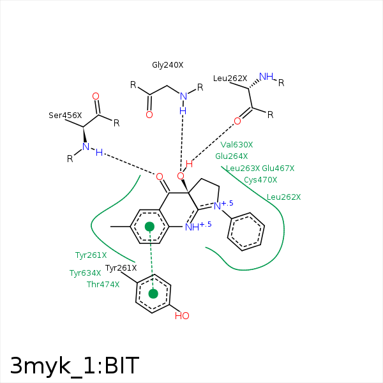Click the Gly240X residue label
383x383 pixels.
coord(167,65)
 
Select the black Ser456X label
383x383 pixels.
coord(65,116)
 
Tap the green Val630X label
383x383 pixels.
coord(237,145)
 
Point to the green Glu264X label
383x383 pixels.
coord(232,156)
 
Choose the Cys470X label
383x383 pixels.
coord(260,180)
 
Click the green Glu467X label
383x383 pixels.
coord(278,169)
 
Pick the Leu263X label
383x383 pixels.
coord(243,169)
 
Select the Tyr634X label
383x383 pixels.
coord(86,273)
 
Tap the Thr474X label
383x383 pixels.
coord(103,285)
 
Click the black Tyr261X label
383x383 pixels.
coord(121,268)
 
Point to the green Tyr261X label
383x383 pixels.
coord(91,255)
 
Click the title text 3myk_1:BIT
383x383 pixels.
coord(75,366)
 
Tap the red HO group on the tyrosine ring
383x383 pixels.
coord(182,316)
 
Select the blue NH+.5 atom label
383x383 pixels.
coord(198,227)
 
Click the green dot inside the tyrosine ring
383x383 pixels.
coord(153,294)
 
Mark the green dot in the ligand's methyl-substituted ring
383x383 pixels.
coord(150,227)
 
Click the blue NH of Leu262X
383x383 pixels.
coord(266,77)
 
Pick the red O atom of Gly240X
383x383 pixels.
coord(149,114)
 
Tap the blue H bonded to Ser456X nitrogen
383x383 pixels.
coord(99,153)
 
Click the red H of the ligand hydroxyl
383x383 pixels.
coord(189,164)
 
